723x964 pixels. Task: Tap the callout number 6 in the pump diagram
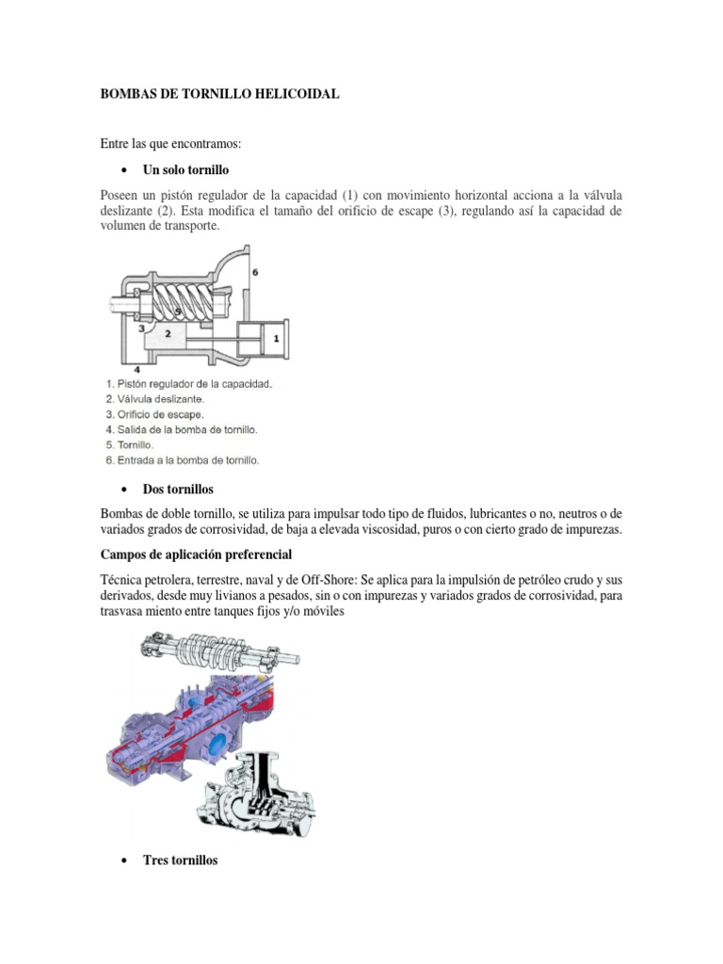point(255,272)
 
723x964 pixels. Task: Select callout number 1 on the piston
point(276,336)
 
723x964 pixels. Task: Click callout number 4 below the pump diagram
point(137,370)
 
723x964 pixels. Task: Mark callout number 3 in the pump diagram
point(141,329)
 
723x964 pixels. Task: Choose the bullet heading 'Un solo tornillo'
point(185,169)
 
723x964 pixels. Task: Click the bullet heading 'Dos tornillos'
point(178,490)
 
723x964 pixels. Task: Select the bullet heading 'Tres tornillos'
point(180,860)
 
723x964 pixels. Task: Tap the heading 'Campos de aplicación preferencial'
point(197,554)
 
